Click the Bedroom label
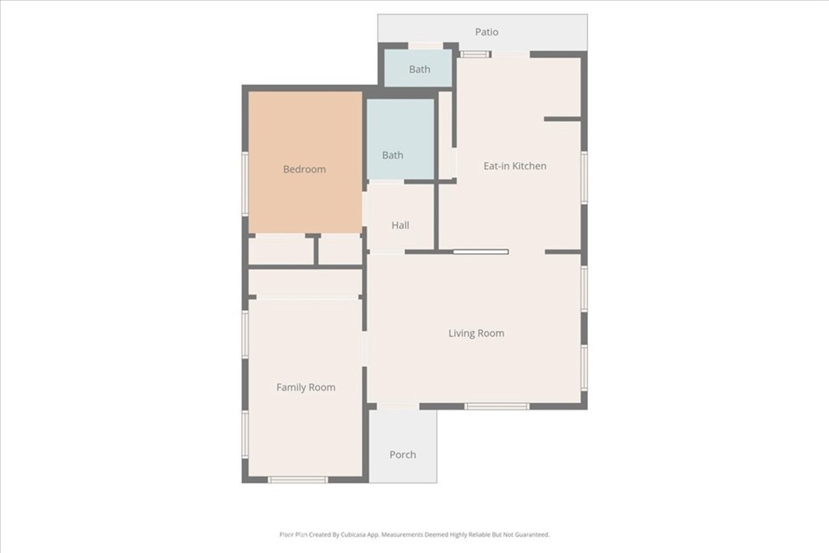click(x=304, y=169)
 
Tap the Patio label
click(x=487, y=32)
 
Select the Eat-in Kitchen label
click(x=515, y=166)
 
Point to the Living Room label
click(x=476, y=333)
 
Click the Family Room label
click(x=305, y=388)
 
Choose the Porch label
click(x=403, y=455)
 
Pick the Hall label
click(x=400, y=225)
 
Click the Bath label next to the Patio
click(x=420, y=70)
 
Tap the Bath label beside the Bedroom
click(x=393, y=155)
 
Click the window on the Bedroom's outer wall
click(x=245, y=184)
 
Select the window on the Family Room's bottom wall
click(x=298, y=480)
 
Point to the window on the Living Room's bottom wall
click(x=497, y=406)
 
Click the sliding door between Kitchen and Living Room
click(x=481, y=252)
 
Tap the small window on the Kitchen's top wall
click(x=474, y=54)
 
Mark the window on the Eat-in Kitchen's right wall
click(x=585, y=177)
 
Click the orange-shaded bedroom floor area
click(x=305, y=162)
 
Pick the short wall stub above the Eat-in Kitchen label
click(x=563, y=119)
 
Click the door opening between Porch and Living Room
click(x=397, y=406)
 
